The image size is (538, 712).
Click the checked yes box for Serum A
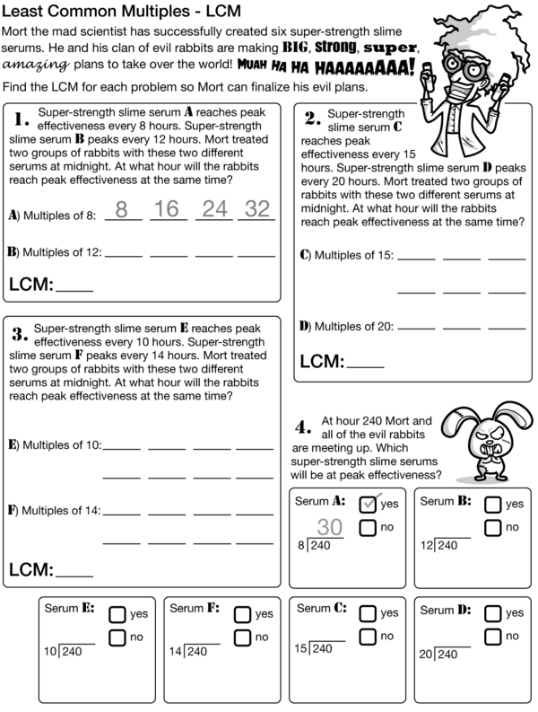point(368,504)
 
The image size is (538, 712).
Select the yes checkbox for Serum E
point(117,614)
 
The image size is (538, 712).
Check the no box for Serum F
point(242,637)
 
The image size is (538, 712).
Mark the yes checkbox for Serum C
point(368,614)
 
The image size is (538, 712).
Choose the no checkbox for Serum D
point(493,637)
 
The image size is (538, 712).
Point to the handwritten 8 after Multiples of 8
point(123,210)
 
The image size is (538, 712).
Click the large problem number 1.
point(22,119)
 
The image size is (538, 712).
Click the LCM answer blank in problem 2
point(365,363)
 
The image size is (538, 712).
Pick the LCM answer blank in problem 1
point(74,286)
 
